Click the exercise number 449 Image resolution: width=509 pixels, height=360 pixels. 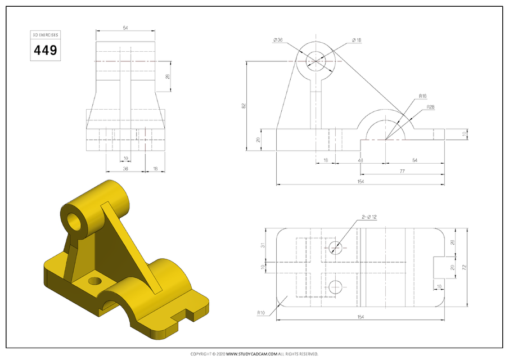point(46,50)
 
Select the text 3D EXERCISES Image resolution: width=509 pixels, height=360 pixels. point(46,35)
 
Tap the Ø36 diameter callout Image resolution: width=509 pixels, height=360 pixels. point(278,40)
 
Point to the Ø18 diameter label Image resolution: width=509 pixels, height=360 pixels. point(356,40)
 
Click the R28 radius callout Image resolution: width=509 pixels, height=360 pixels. point(430,106)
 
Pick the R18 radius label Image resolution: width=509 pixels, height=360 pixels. point(422,96)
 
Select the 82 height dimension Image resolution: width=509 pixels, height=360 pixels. point(244,106)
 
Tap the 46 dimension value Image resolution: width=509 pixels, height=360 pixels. point(359,161)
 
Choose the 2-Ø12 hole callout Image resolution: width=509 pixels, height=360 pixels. point(369,217)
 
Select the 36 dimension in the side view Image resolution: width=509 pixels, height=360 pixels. point(125,168)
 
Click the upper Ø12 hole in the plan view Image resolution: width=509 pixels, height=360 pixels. point(336,247)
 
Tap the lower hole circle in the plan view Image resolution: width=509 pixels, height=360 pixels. point(336,286)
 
